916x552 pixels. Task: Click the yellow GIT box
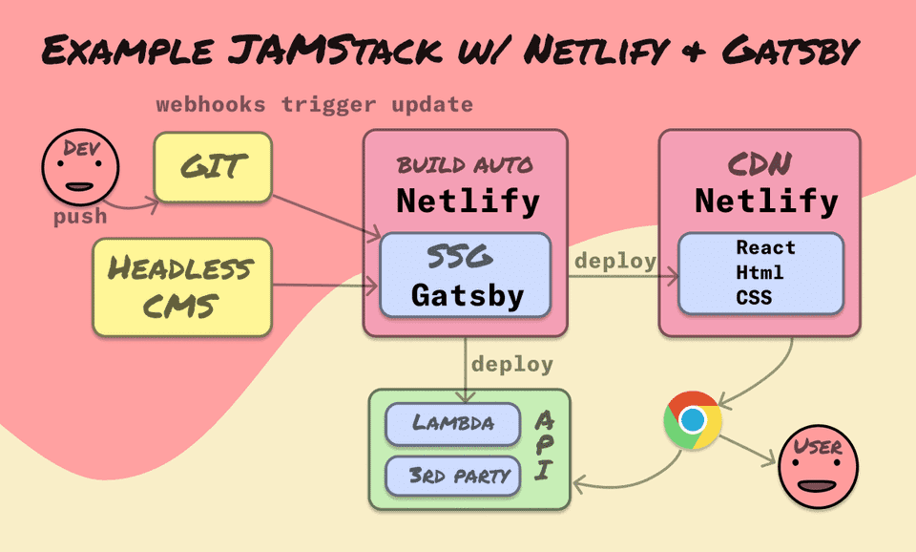(x=213, y=167)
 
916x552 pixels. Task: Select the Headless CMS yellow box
(x=181, y=286)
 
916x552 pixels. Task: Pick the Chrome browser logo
(x=693, y=419)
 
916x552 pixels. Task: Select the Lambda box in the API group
(x=453, y=423)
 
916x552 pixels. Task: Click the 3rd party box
(x=453, y=475)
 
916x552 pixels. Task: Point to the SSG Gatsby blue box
(x=466, y=274)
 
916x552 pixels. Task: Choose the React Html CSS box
(x=760, y=272)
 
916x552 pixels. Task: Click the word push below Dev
(x=80, y=217)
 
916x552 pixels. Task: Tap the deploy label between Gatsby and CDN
(x=614, y=261)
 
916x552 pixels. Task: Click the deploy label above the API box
(x=511, y=364)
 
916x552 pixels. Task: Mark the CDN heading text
(x=760, y=165)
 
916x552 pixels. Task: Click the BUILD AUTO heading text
(x=466, y=165)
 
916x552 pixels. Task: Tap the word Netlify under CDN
(x=766, y=202)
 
